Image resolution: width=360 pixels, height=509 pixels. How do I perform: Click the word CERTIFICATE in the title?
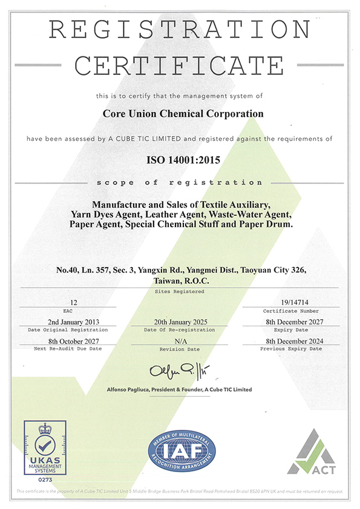pyautogui.click(x=180, y=65)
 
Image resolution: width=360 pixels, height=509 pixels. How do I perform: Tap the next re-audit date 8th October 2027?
pyautogui.click(x=73, y=341)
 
